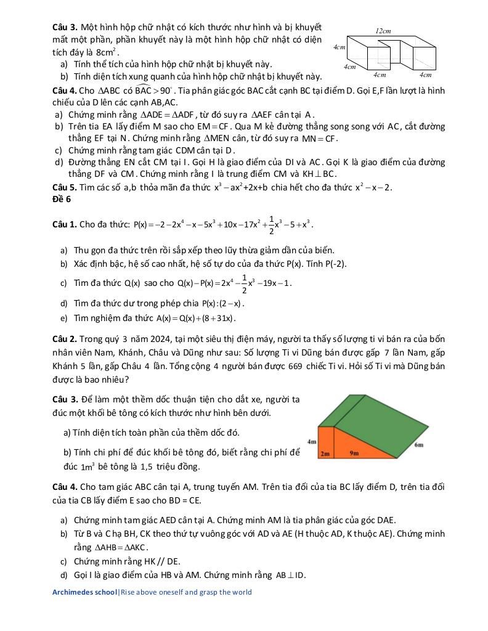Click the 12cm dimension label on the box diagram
[383, 31]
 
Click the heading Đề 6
[62, 199]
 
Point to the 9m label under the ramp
[354, 453]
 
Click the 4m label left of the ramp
[311, 441]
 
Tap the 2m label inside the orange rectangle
[325, 453]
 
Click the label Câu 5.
[65, 187]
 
